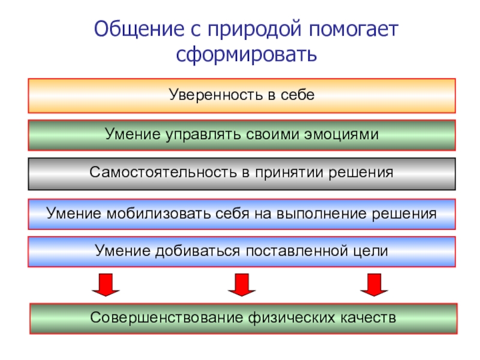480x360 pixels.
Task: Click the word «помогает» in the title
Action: click(x=353, y=29)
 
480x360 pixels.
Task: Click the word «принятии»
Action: click(x=284, y=173)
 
